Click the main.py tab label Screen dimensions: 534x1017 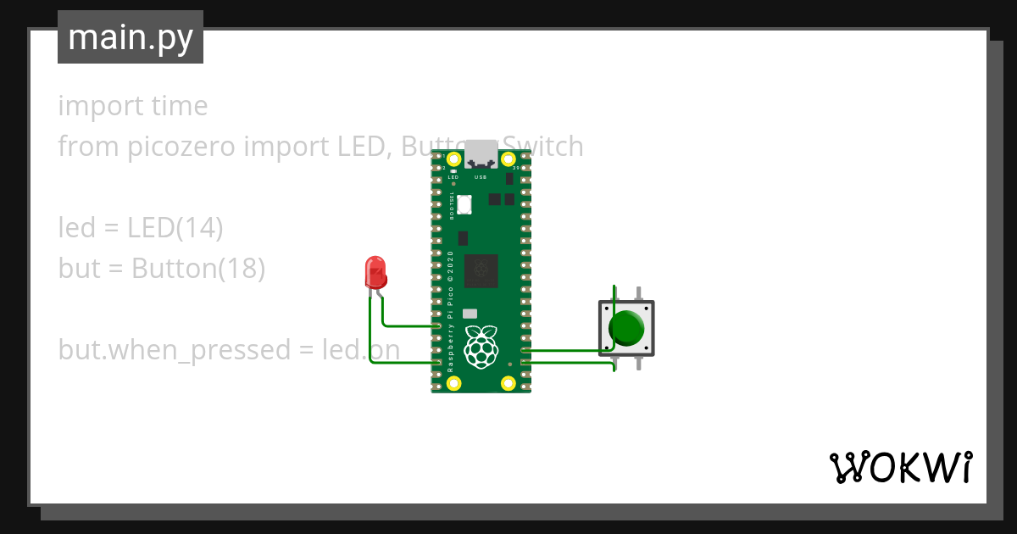click(x=130, y=38)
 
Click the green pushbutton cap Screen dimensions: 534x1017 click(x=628, y=328)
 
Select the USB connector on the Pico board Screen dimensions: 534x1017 click(x=481, y=154)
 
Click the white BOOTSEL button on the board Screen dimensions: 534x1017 click(x=464, y=204)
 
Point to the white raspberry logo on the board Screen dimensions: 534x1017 click(x=481, y=346)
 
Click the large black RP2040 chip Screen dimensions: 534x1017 click(x=481, y=270)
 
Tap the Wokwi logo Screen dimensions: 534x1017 click(x=899, y=467)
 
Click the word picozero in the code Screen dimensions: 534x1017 click(x=182, y=147)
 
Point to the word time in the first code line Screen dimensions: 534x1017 click(x=179, y=106)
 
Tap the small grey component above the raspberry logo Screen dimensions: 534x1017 click(x=470, y=314)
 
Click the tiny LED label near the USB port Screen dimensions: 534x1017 click(x=453, y=177)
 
